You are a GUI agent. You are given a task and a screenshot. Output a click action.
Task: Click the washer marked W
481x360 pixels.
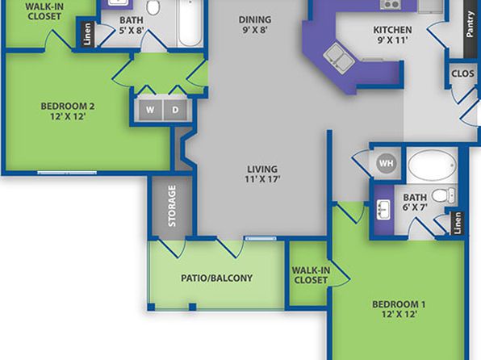coord(150,110)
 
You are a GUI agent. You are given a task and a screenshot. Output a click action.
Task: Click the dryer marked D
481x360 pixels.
coord(175,110)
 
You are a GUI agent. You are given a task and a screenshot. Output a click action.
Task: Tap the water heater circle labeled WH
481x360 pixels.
coord(386,163)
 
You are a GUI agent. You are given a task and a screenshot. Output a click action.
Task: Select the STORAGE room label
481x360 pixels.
coord(172,206)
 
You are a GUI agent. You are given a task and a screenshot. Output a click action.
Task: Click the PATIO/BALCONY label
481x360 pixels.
coord(216,278)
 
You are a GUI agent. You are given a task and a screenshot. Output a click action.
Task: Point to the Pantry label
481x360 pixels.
coord(470,24)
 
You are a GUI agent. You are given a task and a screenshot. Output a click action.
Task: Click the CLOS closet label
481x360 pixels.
coord(462,73)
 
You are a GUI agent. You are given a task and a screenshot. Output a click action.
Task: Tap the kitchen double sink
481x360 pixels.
coord(339,57)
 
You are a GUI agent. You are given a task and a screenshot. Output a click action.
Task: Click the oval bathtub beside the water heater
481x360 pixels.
coord(432,165)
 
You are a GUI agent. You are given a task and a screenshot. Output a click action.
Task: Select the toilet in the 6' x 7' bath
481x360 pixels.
coord(443,195)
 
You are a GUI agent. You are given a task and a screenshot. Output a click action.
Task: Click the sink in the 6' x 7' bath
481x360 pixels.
coord(383,210)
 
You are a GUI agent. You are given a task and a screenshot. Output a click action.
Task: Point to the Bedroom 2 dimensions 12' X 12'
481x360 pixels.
coord(68,116)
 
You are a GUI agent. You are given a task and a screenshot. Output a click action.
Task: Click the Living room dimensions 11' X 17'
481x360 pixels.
coord(262,178)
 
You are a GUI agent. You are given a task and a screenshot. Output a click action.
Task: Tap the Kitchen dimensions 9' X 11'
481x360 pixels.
coord(392,40)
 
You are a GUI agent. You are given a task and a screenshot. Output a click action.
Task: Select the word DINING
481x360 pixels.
coord(255,19)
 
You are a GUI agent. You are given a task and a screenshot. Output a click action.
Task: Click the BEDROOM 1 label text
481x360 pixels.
coord(399,304)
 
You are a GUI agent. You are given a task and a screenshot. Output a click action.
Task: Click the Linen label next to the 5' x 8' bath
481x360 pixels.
coord(87,34)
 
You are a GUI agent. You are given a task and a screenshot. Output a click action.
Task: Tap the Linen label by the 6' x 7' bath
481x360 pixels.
coord(458,223)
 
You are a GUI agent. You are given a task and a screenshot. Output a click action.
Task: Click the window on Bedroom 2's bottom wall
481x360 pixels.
coord(67,173)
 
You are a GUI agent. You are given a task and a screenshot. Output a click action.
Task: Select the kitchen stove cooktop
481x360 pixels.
coord(390,4)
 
